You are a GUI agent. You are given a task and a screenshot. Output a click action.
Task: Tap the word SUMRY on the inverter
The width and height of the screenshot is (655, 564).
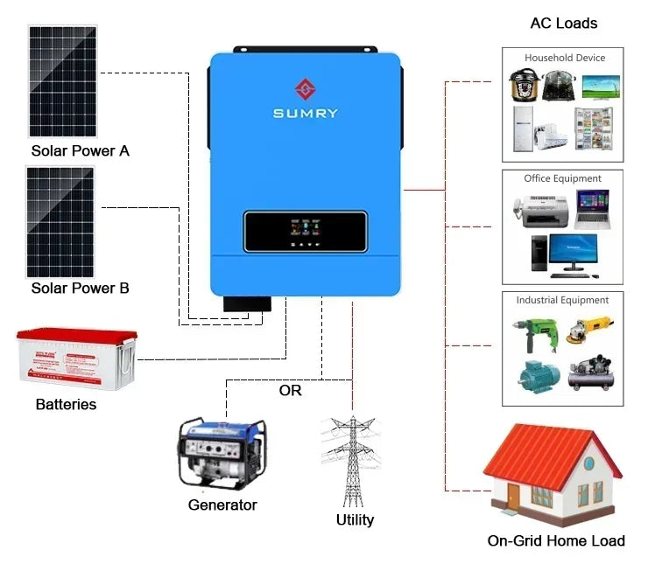[305, 113]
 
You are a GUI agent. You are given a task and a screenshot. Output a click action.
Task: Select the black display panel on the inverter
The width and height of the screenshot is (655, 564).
[305, 231]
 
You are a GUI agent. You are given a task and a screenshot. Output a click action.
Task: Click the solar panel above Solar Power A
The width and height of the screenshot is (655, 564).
[62, 80]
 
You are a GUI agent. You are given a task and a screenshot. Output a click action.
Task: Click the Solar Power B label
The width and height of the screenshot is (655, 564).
[80, 288]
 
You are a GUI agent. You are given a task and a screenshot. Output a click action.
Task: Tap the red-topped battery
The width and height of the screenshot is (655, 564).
[77, 358]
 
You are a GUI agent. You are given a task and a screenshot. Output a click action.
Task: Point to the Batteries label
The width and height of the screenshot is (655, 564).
[66, 405]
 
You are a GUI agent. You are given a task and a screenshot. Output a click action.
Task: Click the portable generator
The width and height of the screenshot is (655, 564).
[221, 452]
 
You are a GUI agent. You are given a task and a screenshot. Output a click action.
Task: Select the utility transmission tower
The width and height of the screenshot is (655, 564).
[352, 461]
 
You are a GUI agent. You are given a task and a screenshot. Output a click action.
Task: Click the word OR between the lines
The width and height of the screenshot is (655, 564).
[290, 390]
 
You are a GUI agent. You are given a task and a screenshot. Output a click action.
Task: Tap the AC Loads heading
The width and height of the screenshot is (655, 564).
[564, 23]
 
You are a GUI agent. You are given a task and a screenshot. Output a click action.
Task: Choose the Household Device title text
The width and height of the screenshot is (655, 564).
[564, 58]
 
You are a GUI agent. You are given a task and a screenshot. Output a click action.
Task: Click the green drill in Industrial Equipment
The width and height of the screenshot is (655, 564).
[531, 336]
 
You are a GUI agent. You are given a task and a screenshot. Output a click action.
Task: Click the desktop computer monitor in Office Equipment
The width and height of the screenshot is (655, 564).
[574, 245]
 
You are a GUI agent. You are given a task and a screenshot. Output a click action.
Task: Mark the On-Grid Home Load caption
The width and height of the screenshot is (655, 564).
[556, 540]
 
